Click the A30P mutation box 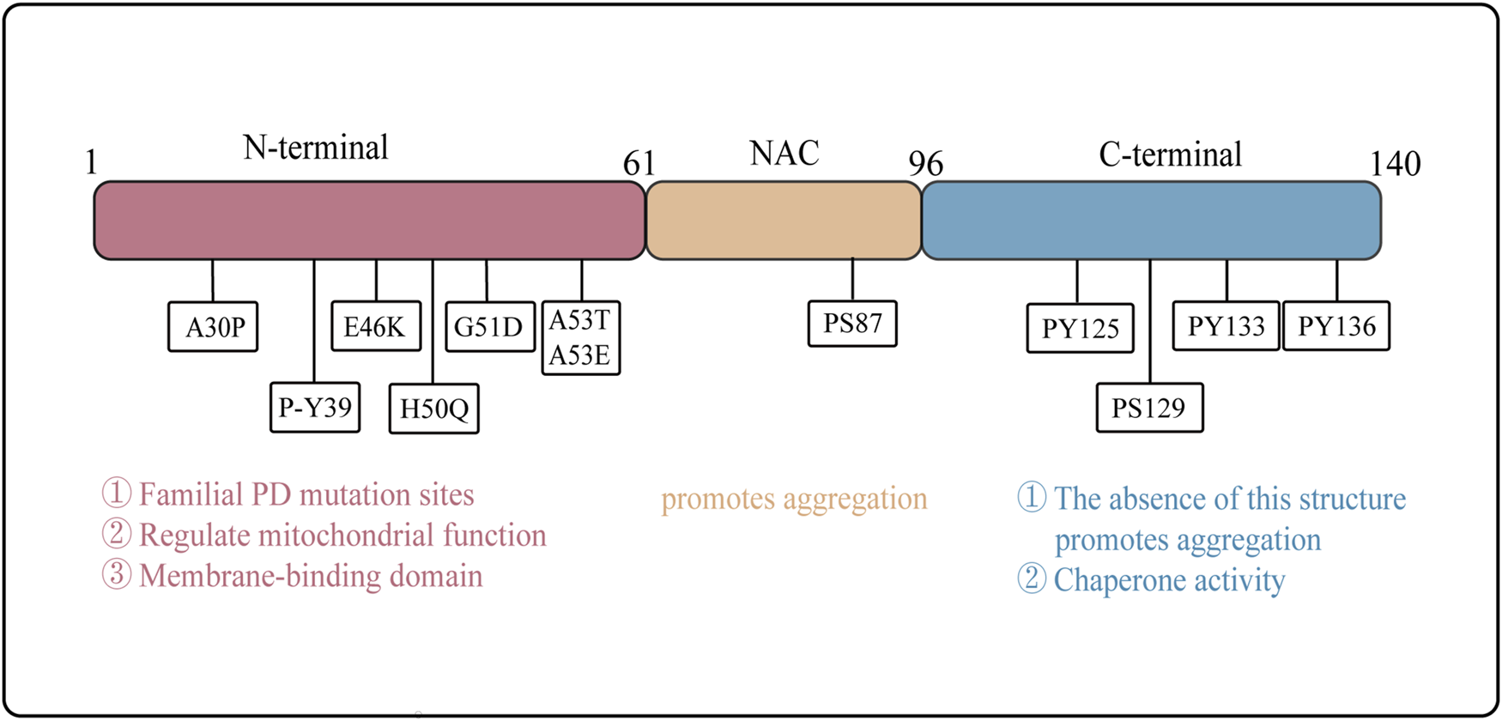213,327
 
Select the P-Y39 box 315,407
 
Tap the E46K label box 376,326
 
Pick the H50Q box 434,409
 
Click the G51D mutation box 489,327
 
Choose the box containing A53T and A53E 581,338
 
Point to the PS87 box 852,324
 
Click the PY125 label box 1080,329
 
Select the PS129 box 1149,408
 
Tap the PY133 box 1226,326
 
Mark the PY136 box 1335,326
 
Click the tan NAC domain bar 783,221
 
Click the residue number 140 1395,163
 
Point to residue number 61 639,163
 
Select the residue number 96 925,163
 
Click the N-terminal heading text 316,148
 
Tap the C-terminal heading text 1170,154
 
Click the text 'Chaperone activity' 1168,580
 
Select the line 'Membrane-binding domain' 310,575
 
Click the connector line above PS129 1150,322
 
